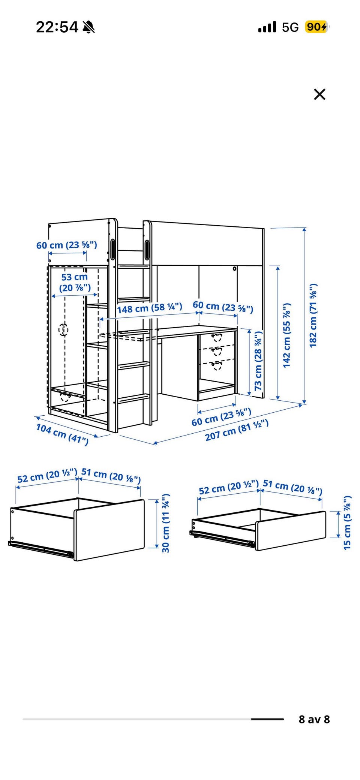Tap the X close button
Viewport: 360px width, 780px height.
click(319, 94)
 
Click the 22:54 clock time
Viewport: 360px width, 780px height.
click(57, 27)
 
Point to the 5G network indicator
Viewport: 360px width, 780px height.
click(290, 27)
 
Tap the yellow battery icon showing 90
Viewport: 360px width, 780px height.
click(317, 27)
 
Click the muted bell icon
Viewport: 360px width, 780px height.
click(88, 27)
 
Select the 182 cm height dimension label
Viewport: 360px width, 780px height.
click(313, 316)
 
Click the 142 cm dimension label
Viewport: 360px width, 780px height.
click(287, 335)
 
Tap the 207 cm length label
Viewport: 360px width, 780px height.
click(237, 430)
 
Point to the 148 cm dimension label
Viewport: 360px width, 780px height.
click(150, 308)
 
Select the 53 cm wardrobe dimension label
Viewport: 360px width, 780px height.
click(75, 282)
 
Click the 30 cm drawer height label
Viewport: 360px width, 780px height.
click(166, 523)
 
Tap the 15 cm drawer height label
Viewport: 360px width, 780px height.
click(347, 523)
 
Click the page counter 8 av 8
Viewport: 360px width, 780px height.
click(314, 719)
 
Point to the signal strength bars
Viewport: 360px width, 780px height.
click(267, 27)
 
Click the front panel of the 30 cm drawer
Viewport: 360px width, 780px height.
click(109, 530)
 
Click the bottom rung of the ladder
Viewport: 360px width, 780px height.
click(134, 398)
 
